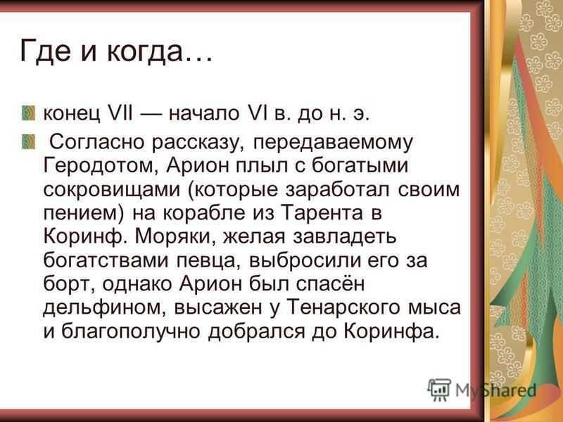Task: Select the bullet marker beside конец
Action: tap(28, 113)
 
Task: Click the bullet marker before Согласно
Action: tap(28, 142)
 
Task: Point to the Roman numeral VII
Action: tap(120, 113)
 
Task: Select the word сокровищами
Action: tap(111, 190)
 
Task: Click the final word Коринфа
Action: tap(391, 331)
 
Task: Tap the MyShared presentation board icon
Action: tap(438, 390)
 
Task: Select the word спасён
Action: tap(330, 283)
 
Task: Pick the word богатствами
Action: tap(106, 260)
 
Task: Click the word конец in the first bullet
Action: tap(72, 114)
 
